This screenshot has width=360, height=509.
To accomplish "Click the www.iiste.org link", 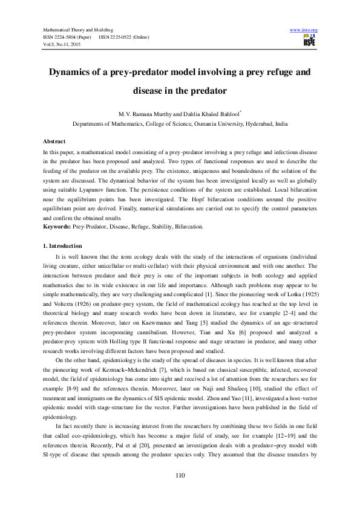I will point(304,30).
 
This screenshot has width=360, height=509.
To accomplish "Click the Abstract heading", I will point(53,140).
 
